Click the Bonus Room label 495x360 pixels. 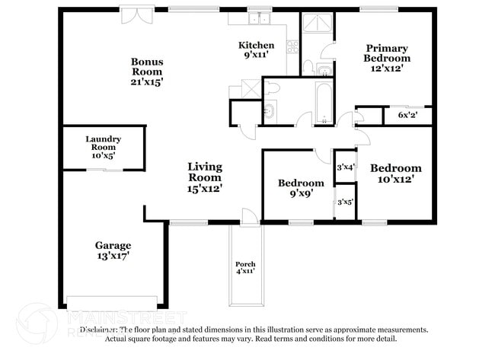click(x=147, y=71)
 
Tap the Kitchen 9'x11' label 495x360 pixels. click(x=256, y=50)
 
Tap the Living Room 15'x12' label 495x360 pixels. click(x=205, y=177)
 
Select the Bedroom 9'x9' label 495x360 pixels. click(x=300, y=188)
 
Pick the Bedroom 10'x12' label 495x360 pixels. click(x=395, y=174)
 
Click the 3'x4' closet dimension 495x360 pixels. click(x=346, y=167)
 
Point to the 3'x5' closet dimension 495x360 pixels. click(x=346, y=202)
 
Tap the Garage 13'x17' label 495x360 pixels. click(x=113, y=250)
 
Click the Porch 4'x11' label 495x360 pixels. click(x=244, y=267)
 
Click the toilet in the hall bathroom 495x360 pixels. click(x=275, y=90)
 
